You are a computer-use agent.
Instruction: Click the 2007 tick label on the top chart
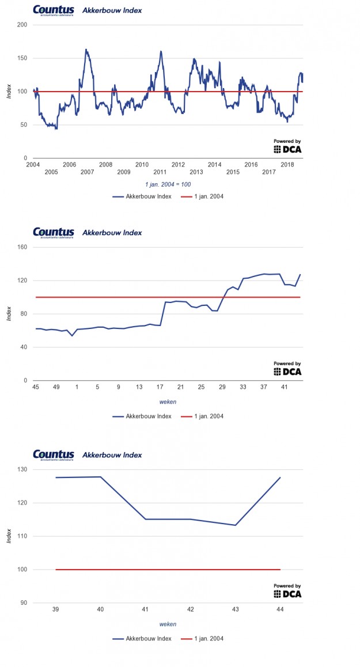(88, 172)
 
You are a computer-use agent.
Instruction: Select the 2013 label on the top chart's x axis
(196, 172)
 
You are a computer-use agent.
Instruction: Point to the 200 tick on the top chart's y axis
(22, 25)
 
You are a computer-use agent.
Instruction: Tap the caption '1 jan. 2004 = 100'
(168, 184)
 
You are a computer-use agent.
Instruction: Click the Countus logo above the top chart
(54, 10)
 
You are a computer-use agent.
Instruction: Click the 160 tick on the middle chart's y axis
(22, 247)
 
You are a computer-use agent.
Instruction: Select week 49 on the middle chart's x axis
(56, 386)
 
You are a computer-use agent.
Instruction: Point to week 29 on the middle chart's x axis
(222, 386)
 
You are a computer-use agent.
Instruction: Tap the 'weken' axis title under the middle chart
(168, 401)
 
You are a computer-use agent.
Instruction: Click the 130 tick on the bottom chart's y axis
(22, 469)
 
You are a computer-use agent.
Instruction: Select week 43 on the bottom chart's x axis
(236, 609)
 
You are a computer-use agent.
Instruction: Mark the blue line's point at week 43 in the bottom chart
(236, 525)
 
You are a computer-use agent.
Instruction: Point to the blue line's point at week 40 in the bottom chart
(101, 477)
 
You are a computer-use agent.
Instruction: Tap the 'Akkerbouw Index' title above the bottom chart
(112, 455)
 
